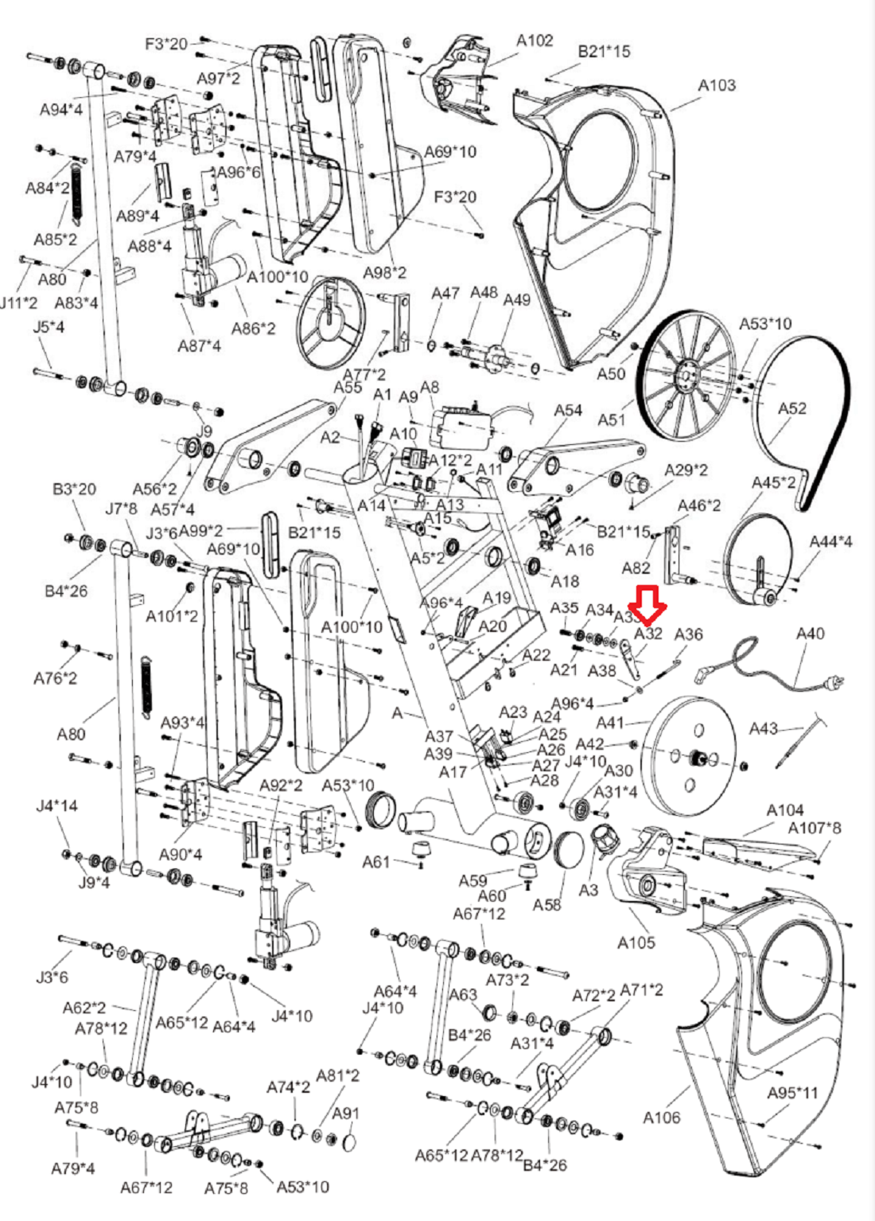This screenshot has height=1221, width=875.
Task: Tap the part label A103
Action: pos(717,85)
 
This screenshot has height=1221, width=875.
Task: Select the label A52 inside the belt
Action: pos(791,408)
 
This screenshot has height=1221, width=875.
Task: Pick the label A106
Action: pos(661,1118)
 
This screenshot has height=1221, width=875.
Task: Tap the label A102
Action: pos(535,41)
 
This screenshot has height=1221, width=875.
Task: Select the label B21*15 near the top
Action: pos(604,52)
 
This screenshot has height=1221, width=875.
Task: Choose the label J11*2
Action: pos(18,303)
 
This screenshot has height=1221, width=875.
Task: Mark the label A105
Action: pos(636,942)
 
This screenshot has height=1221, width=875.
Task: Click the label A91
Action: pos(345,1114)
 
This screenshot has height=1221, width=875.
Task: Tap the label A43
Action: pos(764,728)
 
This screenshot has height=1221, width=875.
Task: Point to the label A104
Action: pos(785,810)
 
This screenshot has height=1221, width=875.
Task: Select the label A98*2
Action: pos(385,273)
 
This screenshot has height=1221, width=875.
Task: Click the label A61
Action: pos(376,862)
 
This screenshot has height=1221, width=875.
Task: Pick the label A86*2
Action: pos(254,328)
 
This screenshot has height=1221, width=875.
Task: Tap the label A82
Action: pos(636,568)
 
